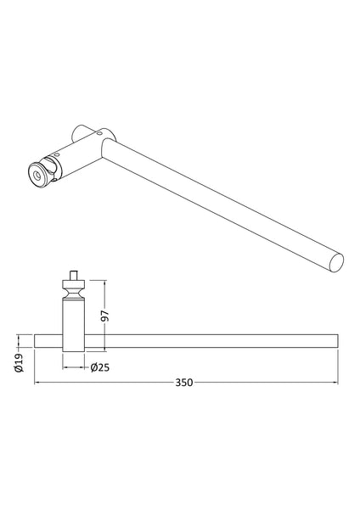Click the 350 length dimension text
click(184, 382)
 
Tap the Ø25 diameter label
click(98, 366)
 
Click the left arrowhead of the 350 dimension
click(37, 383)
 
